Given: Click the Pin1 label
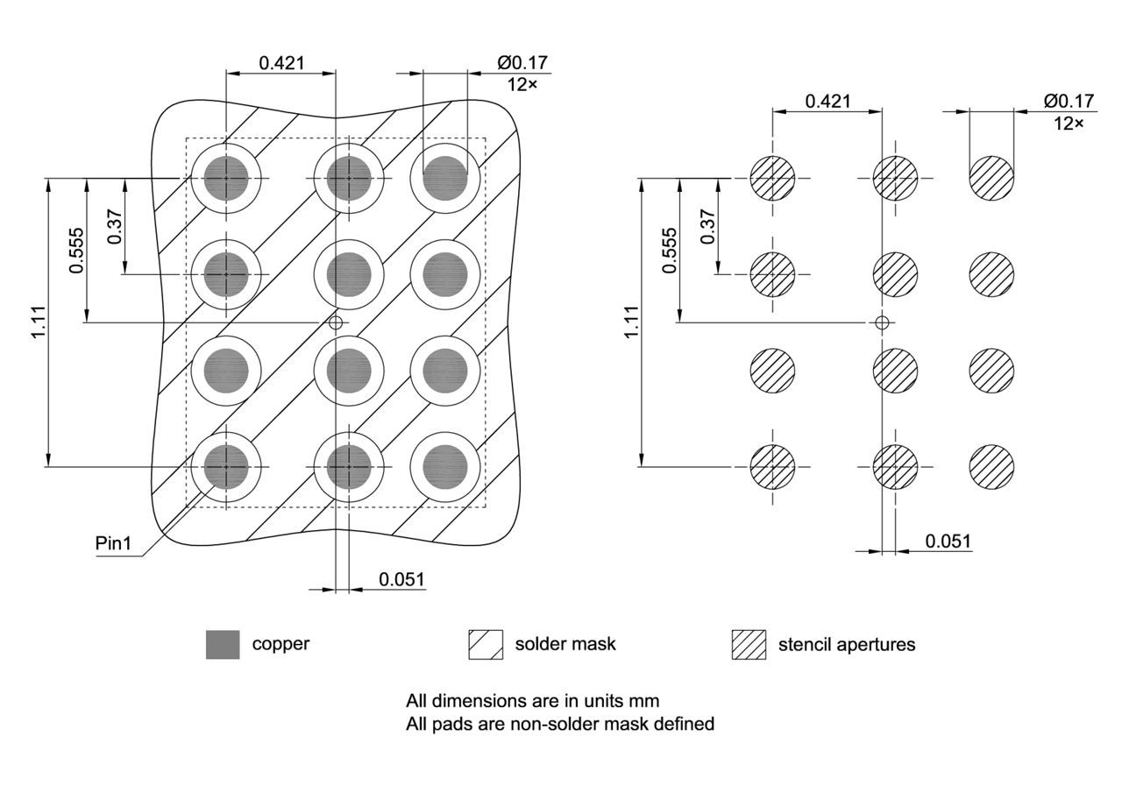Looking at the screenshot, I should [113, 544].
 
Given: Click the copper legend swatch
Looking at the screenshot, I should [223, 644].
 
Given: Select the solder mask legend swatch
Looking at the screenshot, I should [486, 644].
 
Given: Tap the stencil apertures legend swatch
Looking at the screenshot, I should [749, 644].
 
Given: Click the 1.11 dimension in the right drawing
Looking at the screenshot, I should [632, 322].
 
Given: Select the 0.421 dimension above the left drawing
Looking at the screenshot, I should [281, 63].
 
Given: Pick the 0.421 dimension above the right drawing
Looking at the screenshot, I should [827, 101].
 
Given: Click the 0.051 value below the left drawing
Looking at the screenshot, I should [401, 579].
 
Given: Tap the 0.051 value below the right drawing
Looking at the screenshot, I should [948, 542].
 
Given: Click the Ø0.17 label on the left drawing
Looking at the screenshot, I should [523, 63].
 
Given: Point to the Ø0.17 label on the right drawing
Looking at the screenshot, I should [1069, 101].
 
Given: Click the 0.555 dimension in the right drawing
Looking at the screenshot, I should [670, 251].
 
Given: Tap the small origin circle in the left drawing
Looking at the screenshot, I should [335, 322].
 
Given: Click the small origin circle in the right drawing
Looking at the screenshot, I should [883, 322].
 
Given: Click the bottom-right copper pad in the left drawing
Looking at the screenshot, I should [445, 466].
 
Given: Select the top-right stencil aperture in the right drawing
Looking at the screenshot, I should [991, 178].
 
